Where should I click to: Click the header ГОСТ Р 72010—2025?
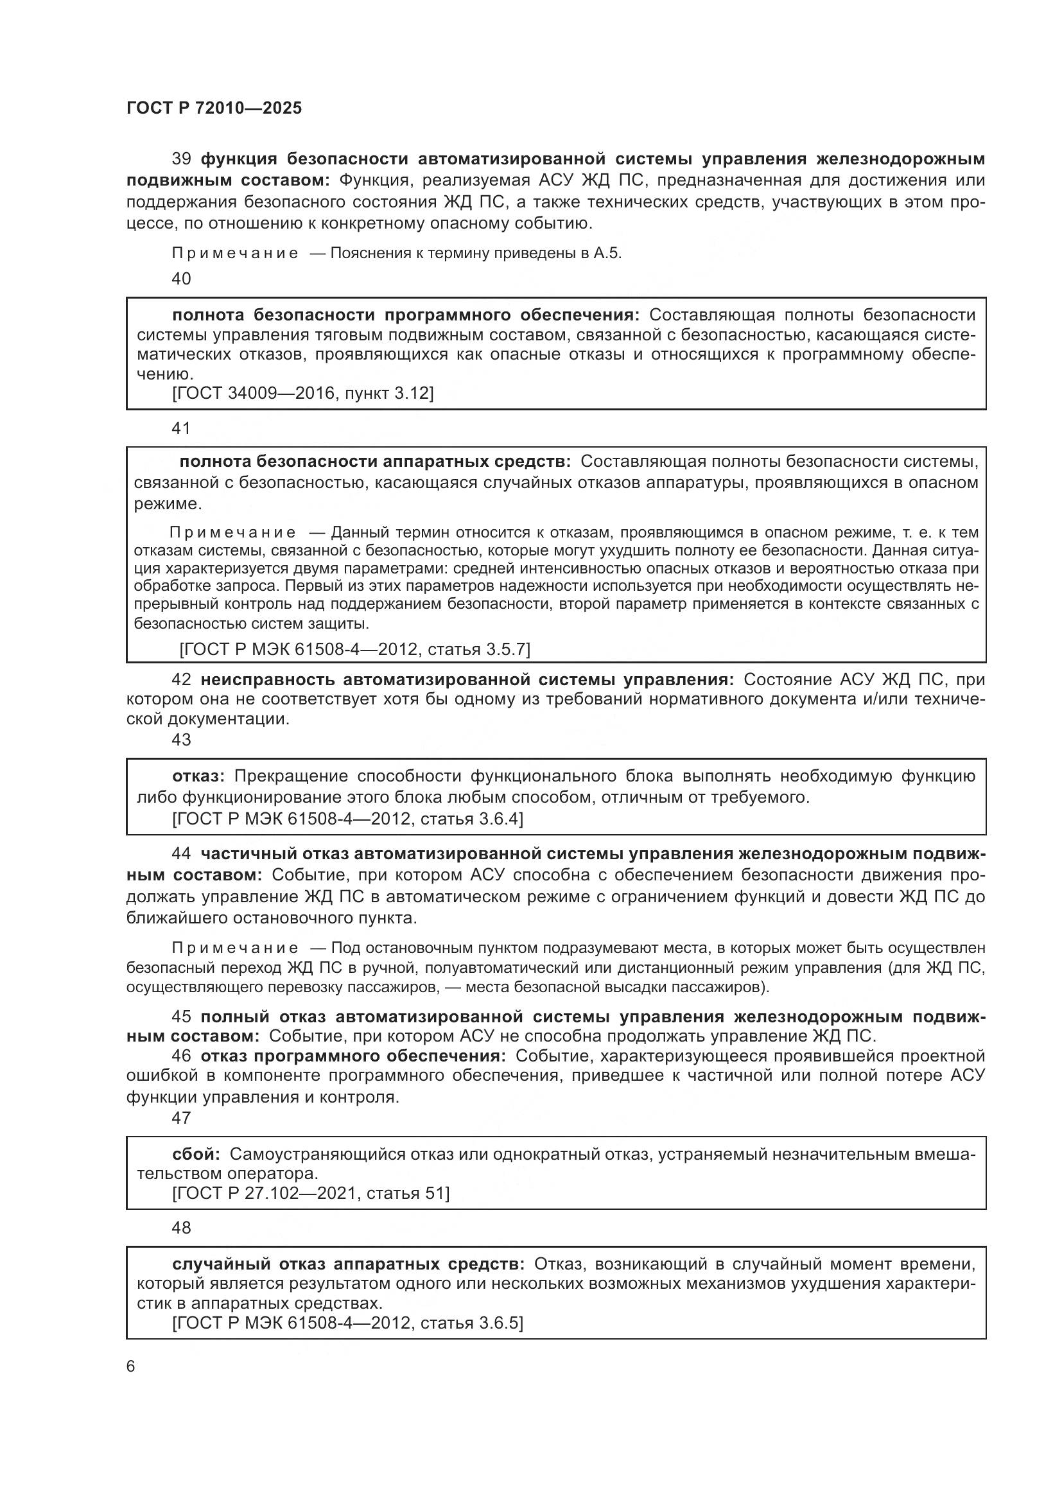pyautogui.click(x=214, y=109)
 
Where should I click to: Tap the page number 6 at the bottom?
pyautogui.click(x=131, y=1367)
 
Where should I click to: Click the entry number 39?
pyautogui.click(x=181, y=159)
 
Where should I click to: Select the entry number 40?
pyautogui.click(x=181, y=279)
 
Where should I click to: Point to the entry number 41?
pyautogui.click(x=181, y=428)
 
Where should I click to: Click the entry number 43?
pyautogui.click(x=181, y=740)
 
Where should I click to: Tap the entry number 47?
pyautogui.click(x=181, y=1118)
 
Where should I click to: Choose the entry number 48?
pyautogui.click(x=181, y=1228)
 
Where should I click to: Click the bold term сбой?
pyautogui.click(x=196, y=1154)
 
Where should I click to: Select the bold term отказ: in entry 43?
pyautogui.click(x=198, y=776)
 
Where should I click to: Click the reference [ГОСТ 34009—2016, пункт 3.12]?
pyautogui.click(x=303, y=393)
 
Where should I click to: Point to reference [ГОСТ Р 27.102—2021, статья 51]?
pyautogui.click(x=311, y=1193)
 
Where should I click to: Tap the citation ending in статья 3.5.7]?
pyautogui.click(x=354, y=649)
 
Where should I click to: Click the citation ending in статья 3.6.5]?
pyautogui.click(x=347, y=1323)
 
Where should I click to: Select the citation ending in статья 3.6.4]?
pyautogui.click(x=347, y=818)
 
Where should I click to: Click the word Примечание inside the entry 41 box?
pyautogui.click(x=232, y=532)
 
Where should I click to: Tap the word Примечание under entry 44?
pyautogui.click(x=235, y=948)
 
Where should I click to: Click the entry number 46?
pyautogui.click(x=181, y=1056)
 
